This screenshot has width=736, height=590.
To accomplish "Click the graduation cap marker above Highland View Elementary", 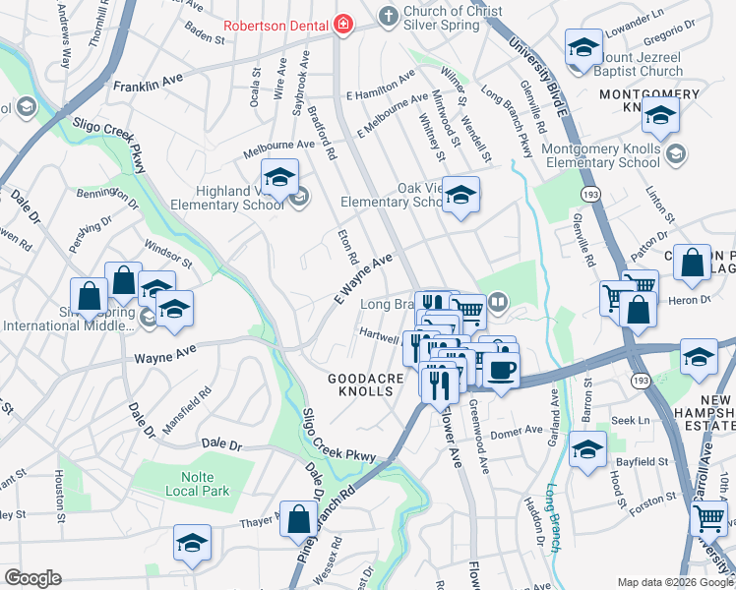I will click(280, 177).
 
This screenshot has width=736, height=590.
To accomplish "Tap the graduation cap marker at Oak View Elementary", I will click(460, 195).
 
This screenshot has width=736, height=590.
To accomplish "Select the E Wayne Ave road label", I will click(363, 277).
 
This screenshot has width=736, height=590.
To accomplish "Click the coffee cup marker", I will click(502, 370).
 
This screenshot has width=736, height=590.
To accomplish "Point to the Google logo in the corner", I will click(32, 578).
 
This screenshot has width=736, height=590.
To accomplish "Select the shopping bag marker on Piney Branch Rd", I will click(298, 518).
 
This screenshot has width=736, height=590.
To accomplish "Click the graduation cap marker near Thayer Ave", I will click(192, 543).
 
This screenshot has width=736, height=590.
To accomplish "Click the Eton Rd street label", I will click(346, 246).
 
